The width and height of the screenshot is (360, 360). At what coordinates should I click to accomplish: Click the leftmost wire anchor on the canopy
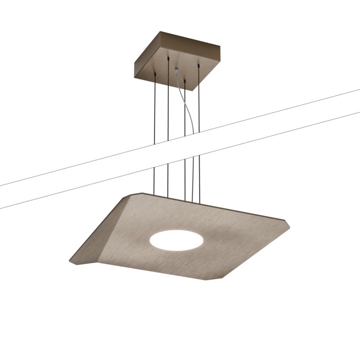pos(156,77)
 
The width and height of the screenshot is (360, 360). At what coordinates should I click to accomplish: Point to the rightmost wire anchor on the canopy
pos(199,65)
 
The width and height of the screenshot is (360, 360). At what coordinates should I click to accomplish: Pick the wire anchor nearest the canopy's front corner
pos(184,81)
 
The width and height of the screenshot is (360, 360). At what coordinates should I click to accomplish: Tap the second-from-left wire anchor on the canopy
pos(168,62)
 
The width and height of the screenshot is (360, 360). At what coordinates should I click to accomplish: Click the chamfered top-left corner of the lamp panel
pos(133,195)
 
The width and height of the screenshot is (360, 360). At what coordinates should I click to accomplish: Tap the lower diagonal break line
pos(210,152)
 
